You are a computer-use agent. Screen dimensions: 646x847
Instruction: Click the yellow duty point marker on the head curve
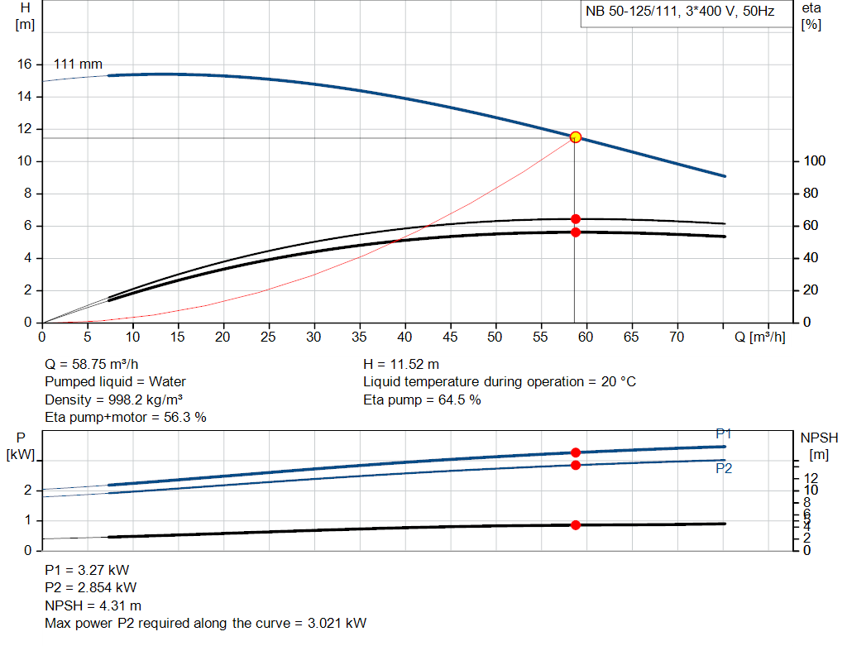pos(576,136)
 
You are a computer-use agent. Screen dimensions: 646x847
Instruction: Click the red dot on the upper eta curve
pos(576,219)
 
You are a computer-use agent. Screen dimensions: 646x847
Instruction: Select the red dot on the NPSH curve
pos(576,524)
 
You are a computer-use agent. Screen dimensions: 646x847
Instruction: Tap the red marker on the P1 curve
pos(576,452)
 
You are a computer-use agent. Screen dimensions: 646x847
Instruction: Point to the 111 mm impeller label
pos(78,64)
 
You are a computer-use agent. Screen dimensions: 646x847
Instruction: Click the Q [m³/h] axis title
pos(760,337)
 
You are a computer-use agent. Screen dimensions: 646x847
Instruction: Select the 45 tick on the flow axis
pos(451,337)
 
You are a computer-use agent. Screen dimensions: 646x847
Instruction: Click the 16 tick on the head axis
pos(25,65)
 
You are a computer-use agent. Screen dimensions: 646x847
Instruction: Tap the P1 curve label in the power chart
pos(723,434)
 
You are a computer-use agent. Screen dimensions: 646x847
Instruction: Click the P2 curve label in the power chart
pos(723,468)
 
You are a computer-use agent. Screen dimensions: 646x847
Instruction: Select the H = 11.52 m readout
pos(401,364)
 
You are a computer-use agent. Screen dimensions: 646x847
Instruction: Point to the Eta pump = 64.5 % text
pos(422,400)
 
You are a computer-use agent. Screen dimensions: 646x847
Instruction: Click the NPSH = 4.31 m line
pos(93,605)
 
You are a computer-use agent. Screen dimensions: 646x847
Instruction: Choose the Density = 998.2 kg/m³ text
pos(113,400)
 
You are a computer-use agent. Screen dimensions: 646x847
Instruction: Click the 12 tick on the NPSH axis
pos(811,477)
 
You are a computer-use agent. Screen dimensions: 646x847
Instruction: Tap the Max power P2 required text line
pos(205,624)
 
